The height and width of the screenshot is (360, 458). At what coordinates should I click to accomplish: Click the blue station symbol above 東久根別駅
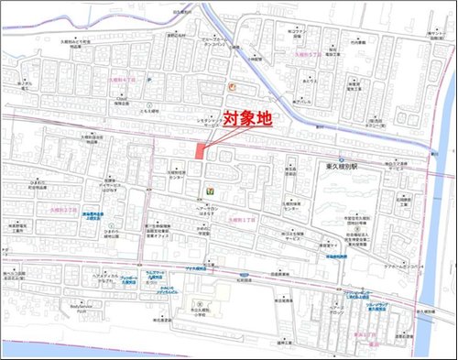pos(341,159)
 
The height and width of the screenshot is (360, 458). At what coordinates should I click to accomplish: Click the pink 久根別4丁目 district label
pos(122,79)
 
